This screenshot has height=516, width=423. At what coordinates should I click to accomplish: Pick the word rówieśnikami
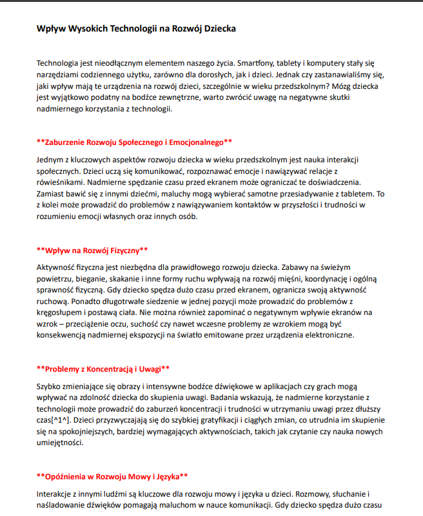[61, 182]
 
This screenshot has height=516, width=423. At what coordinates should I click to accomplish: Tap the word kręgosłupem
[61, 312]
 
